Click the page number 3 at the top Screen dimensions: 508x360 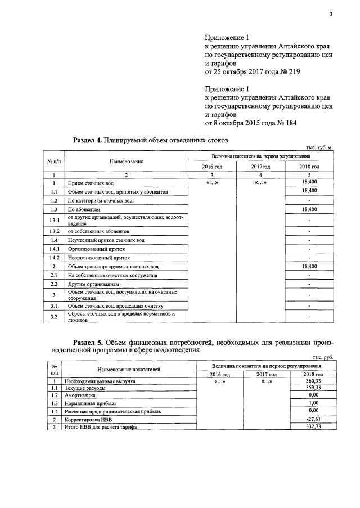331,15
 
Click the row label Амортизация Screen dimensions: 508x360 80,395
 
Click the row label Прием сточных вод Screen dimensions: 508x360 91,183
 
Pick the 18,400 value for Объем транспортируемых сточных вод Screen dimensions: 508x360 309,266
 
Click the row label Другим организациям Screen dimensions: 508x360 94,285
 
